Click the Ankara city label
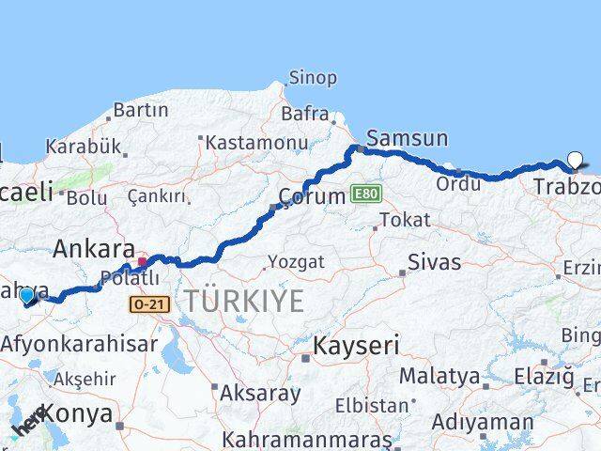point(93,249)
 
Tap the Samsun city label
point(407,138)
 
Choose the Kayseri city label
point(356,345)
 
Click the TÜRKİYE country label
point(243,301)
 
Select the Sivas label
point(434,261)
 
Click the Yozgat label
point(295,261)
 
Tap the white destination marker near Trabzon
point(575,161)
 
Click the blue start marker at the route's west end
point(26,296)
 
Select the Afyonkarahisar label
point(79,343)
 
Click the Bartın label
point(140,110)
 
